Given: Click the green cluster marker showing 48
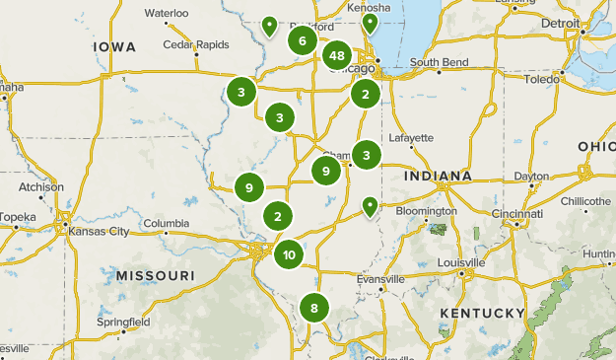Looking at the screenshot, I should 337,56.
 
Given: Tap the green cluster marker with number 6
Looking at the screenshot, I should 303,41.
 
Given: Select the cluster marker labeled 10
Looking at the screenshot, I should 289,255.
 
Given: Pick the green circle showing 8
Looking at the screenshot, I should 313,309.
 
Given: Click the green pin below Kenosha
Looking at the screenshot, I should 370,23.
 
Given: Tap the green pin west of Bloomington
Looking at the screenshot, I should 371,206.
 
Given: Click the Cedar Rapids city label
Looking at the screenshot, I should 196,45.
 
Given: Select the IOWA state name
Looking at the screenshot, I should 115,47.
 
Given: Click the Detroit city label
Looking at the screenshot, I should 561,22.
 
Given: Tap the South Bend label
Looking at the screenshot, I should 439,62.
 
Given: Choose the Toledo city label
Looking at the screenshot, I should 541,79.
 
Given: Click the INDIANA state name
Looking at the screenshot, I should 438,177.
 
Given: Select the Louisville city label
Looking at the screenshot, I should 462,263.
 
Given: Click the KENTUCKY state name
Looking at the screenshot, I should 483,313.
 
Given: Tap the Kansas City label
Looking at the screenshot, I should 99,232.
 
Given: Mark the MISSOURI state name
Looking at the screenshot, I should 154,274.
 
